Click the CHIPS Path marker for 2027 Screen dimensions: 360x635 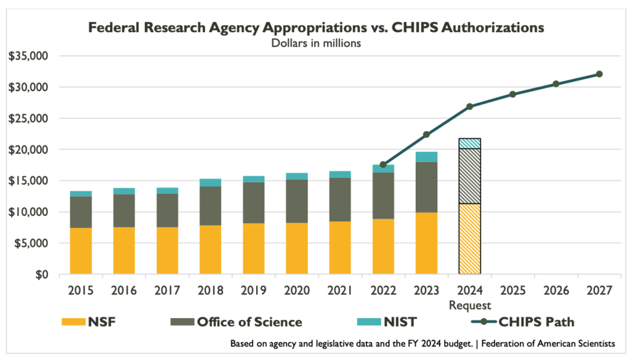[599, 74]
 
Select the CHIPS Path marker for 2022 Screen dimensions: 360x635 [383, 165]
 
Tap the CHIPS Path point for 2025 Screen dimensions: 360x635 [513, 94]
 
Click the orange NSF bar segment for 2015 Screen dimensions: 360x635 [81, 251]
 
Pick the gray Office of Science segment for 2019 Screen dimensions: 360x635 [253, 202]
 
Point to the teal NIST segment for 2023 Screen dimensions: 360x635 [426, 157]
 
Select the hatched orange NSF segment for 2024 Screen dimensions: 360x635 [469, 238]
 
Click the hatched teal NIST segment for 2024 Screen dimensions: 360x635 [469, 143]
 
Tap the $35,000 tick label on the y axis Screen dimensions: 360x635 [28, 56]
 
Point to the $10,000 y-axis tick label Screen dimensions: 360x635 [28, 212]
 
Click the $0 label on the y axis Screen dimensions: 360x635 [39, 275]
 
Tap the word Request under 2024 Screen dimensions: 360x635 [469, 304]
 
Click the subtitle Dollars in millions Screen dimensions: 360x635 [316, 44]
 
